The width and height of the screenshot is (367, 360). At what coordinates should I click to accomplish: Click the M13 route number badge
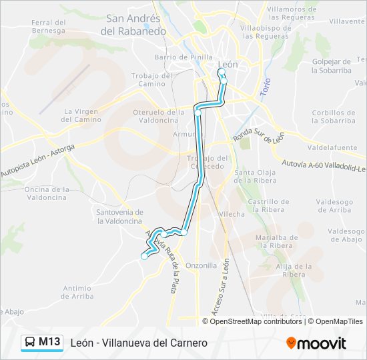49,342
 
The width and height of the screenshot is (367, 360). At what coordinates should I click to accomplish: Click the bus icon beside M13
30,343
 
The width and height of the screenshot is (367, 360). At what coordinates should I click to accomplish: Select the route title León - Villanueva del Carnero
139,343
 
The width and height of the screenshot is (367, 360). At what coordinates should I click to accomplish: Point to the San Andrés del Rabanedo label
133,25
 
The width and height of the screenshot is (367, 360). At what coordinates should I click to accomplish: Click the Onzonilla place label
202,265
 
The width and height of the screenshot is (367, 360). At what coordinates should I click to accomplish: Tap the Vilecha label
232,214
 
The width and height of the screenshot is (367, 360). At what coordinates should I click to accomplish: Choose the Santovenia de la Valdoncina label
119,216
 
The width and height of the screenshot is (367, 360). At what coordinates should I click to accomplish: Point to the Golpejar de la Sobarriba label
332,65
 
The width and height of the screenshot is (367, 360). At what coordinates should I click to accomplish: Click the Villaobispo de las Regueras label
266,32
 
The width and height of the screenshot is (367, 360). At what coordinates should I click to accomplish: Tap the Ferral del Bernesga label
48,26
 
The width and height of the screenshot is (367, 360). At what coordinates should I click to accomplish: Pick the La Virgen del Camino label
81,115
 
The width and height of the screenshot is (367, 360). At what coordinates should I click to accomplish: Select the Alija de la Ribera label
290,270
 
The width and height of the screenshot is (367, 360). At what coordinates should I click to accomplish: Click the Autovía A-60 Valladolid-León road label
324,164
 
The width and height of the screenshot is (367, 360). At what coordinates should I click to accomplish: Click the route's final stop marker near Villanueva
144,256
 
